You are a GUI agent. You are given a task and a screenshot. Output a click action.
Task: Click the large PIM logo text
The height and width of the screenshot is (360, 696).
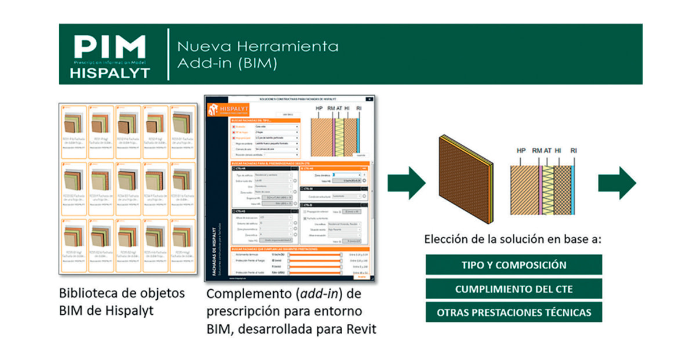(110, 46)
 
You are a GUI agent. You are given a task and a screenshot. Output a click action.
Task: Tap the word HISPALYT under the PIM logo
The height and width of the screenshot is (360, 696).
(110, 73)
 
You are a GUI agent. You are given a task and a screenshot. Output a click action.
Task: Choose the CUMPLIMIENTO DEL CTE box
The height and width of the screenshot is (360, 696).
(513, 289)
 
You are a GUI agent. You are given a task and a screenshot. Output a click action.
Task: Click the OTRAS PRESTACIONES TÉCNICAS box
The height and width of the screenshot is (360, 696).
(513, 312)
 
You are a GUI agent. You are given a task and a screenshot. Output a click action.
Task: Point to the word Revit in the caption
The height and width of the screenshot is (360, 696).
(360, 329)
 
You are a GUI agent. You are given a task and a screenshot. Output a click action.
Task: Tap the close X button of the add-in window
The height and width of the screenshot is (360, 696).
(369, 100)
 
